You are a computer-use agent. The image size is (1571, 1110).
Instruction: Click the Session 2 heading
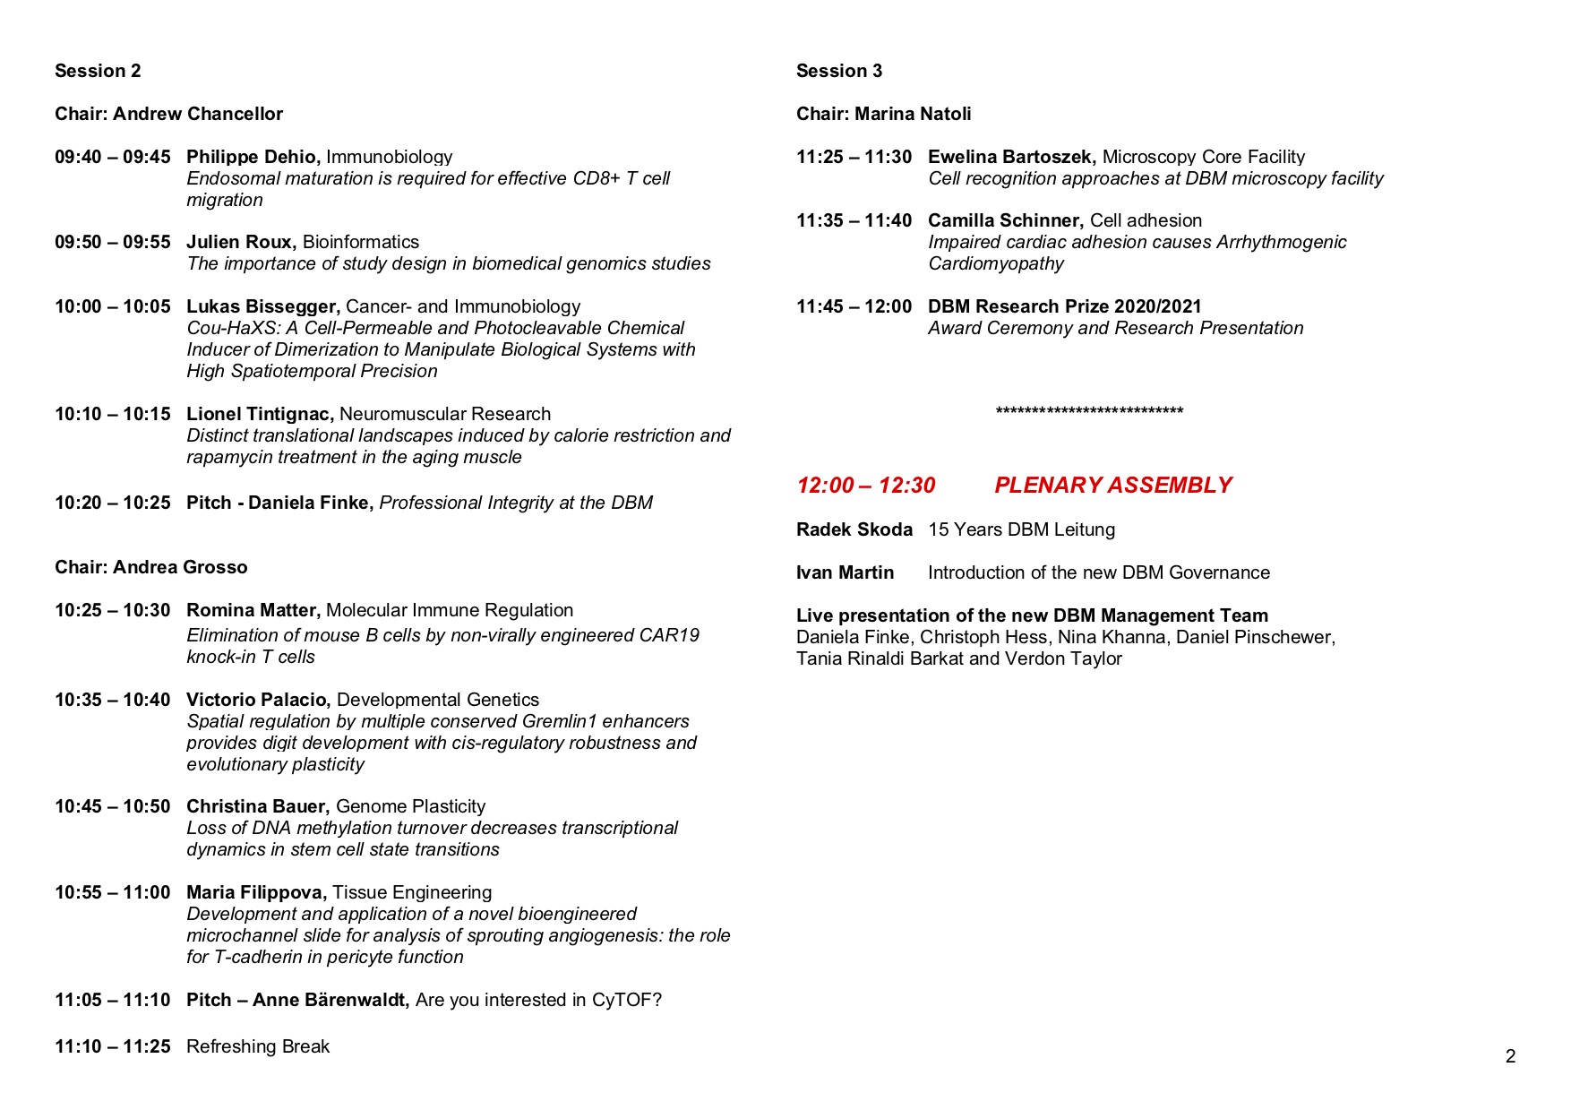pyautogui.click(x=98, y=71)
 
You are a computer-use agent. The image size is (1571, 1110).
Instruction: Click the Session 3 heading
pyautogui.click(x=839, y=71)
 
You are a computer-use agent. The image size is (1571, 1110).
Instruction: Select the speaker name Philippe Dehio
pyautogui.click(x=253, y=157)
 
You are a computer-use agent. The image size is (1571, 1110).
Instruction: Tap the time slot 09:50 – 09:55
pyautogui.click(x=112, y=242)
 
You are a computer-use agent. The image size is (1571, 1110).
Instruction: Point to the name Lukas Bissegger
pyautogui.click(x=262, y=306)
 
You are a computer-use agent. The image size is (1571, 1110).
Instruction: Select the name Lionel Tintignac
pyautogui.click(x=260, y=414)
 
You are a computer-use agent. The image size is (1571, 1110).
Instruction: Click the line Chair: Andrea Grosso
pyautogui.click(x=150, y=567)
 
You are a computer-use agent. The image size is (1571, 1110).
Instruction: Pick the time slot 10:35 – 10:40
pyautogui.click(x=112, y=700)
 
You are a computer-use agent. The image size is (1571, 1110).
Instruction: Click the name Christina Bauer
pyautogui.click(x=258, y=806)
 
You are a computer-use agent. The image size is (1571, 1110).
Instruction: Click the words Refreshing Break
pyautogui.click(x=258, y=1046)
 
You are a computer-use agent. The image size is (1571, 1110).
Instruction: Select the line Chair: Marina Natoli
pyautogui.click(x=883, y=114)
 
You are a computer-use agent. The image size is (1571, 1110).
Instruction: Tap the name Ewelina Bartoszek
pyautogui.click(x=1011, y=157)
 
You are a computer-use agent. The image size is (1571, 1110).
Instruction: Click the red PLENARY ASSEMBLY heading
pyautogui.click(x=1112, y=486)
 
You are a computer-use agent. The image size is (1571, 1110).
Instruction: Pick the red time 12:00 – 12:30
pyautogui.click(x=865, y=486)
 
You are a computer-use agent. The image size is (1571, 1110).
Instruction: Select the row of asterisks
pyautogui.click(x=1089, y=411)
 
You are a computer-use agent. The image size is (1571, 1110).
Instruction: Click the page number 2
pyautogui.click(x=1510, y=1056)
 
